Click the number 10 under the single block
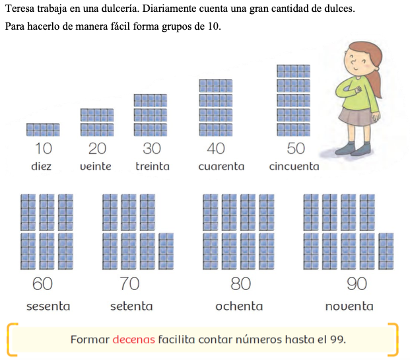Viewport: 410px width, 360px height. pos(44,149)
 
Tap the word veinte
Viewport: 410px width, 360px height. pos(96,166)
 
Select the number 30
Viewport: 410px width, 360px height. pos(152,149)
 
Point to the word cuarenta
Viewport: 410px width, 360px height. pos(221,166)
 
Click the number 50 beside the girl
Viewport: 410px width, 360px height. pos(296,149)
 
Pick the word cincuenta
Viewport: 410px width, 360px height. pos(294,166)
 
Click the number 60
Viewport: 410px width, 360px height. pos(42,283)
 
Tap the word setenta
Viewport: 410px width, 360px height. pos(131,306)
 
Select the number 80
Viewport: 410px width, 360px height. pos(240,283)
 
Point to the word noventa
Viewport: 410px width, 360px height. pos(349,306)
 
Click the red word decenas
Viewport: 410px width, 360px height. pos(133,340)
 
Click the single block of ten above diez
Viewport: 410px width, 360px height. pos(43,129)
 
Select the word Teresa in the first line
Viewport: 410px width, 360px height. pos(20,9)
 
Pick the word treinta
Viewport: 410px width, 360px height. pos(153,166)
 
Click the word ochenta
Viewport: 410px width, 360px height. pos(239,306)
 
